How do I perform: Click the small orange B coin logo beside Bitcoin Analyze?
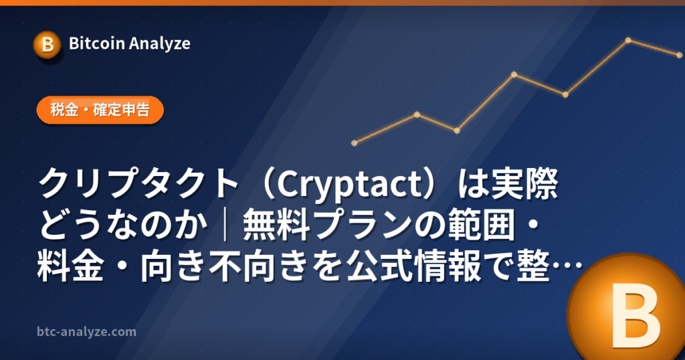(47, 45)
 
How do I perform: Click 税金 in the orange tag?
(64, 109)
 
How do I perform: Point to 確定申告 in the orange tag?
(122, 109)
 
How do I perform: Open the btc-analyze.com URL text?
(86, 332)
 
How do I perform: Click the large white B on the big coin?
(635, 315)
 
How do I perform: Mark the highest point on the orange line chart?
(628, 40)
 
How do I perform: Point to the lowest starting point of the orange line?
(355, 143)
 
